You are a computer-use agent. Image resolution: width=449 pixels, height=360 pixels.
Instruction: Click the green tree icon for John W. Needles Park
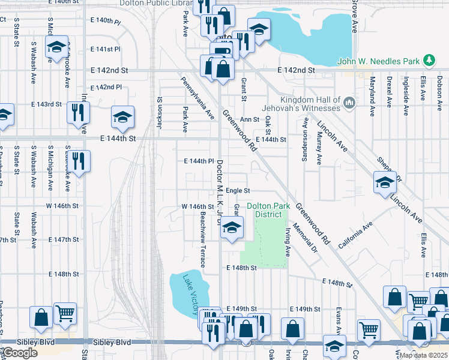click(429, 60)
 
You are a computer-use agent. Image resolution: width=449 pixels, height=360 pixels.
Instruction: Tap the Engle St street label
click(238, 190)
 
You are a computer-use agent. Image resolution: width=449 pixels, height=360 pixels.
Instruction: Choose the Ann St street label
click(250, 119)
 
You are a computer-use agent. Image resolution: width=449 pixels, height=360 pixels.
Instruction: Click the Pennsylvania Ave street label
click(197, 96)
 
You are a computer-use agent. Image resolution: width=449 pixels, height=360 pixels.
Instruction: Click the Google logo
click(20, 353)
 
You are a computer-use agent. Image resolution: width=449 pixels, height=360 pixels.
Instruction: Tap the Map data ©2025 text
click(423, 355)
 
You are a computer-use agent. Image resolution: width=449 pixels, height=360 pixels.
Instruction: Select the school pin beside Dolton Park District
click(232, 227)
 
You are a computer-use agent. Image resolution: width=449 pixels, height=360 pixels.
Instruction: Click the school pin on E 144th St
click(123, 118)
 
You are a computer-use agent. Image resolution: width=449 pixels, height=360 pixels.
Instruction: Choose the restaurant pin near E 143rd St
click(78, 113)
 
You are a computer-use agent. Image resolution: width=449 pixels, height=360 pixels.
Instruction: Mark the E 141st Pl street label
click(106, 49)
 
